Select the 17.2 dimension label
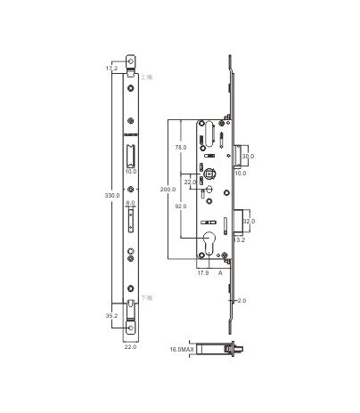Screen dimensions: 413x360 pos(111,68)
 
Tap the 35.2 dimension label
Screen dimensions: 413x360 pos(111,314)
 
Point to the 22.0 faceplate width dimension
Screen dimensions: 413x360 pos(131,347)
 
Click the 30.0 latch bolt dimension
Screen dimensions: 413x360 pos(249,155)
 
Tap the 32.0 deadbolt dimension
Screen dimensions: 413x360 pos(249,221)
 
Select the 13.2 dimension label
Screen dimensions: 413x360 pos(240,239)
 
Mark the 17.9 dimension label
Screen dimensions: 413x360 pos(202,274)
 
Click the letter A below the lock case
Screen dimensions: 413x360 pos(220,274)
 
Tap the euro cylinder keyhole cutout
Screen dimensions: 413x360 pos(212,244)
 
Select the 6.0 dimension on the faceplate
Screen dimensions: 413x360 pos(131,204)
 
